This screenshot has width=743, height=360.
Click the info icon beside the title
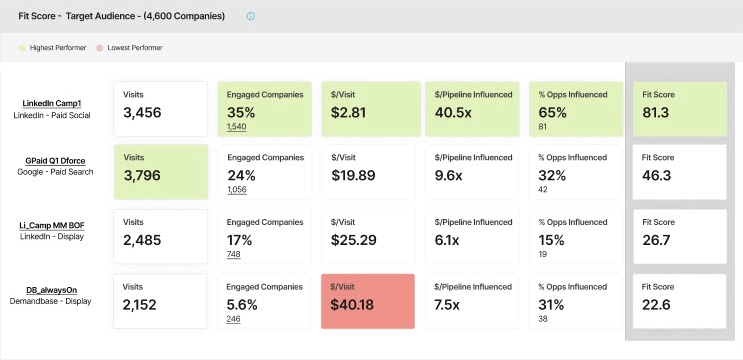point(251,16)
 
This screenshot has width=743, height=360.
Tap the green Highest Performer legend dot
point(22,48)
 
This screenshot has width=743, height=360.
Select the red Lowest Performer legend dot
point(100,48)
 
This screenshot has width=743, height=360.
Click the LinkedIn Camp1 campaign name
point(52,103)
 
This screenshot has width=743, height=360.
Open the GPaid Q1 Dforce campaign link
point(55,161)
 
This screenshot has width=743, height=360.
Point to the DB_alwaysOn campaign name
point(51,290)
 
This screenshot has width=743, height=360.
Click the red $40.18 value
point(352,305)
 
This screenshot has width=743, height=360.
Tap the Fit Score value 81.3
point(656,113)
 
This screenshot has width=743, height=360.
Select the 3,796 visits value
point(142,175)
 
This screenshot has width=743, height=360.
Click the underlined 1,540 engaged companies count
point(236,126)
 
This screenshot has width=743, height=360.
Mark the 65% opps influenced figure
point(553,113)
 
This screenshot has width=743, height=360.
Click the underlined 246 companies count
point(233,319)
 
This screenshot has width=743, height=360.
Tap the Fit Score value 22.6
point(656,305)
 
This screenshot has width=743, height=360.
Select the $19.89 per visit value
point(353,175)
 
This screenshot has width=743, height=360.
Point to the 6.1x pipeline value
point(446,240)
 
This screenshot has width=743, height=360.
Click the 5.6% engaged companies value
point(242,305)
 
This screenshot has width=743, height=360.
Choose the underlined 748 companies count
point(234,254)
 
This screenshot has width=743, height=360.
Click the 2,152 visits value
point(139,305)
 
